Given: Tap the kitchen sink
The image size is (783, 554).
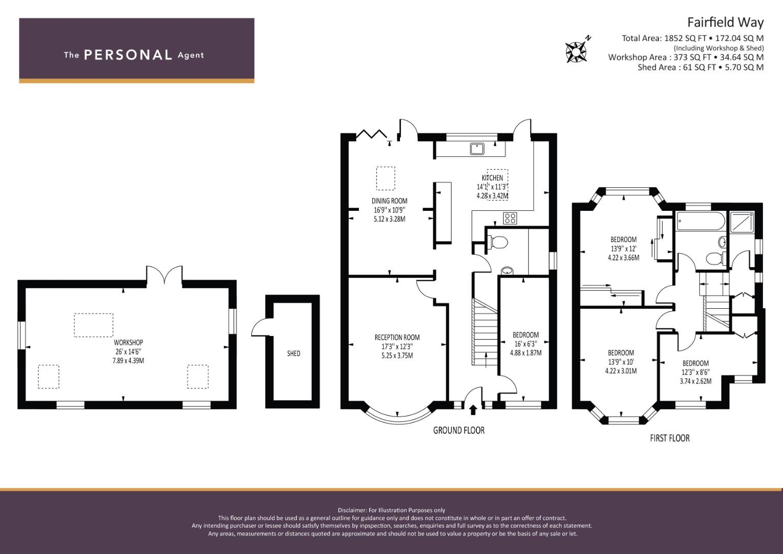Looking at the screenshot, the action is tap(476, 149).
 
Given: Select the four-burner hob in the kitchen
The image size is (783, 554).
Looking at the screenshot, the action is tap(510, 218).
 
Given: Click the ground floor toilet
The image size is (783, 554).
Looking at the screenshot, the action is tap(497, 242).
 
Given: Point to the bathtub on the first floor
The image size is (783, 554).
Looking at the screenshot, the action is tap(701, 221).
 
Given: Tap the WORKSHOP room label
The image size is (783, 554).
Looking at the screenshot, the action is tap(128, 343).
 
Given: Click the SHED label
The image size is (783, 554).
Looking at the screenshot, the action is tap(294, 353).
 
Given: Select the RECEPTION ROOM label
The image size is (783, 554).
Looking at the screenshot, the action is tap(397, 338).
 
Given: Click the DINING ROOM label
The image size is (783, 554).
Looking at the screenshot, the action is tap(389, 201).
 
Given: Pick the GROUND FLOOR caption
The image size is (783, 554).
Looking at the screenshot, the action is tap(459, 430).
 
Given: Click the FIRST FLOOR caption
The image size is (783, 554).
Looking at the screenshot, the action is tap(670, 438).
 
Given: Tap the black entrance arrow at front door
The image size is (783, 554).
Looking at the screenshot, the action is tap(473, 409).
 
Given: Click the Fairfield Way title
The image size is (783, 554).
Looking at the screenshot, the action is tap(726, 23).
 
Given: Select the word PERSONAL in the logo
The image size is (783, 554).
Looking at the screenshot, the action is tap(128, 55).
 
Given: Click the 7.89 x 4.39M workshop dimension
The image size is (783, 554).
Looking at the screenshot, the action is tap(128, 361).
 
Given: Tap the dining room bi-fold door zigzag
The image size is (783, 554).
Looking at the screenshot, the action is tap(371, 134).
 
